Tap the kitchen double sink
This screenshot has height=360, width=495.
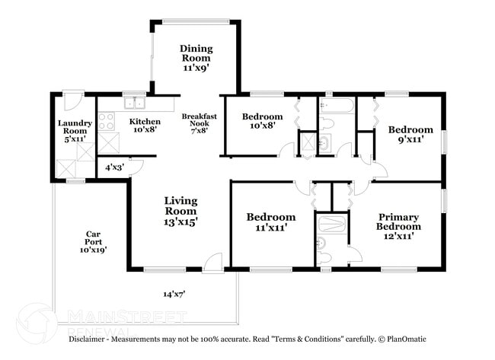pyautogui.click(x=135, y=103)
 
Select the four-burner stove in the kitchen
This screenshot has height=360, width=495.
pyautogui.click(x=106, y=121)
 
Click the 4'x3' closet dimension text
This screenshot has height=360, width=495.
pyautogui.click(x=113, y=167)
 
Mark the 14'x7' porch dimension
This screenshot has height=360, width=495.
pyautogui.click(x=174, y=293)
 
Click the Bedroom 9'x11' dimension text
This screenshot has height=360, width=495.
pyautogui.click(x=410, y=140)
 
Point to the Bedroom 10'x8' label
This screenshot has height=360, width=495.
pyautogui.click(x=262, y=122)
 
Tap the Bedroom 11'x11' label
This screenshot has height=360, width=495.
pyautogui.click(x=270, y=222)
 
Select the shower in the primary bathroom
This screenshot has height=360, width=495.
pyautogui.click(x=333, y=224)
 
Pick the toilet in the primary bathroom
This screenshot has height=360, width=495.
pyautogui.click(x=324, y=256)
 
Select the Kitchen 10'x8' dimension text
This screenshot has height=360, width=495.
pyautogui.click(x=144, y=130)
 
